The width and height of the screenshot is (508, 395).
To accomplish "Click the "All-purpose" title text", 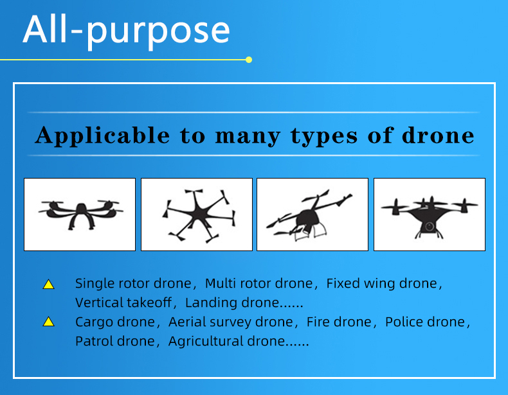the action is [126, 31].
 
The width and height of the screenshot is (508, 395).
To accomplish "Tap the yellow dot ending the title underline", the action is [249, 60].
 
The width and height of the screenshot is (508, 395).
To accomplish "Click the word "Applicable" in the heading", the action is [102, 136].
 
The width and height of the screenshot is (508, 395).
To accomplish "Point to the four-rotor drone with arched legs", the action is [80, 214].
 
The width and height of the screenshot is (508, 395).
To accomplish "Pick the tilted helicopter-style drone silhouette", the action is [309, 216].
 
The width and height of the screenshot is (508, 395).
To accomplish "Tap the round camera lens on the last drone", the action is [430, 226].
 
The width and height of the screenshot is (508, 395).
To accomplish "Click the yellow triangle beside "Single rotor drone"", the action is [49, 284].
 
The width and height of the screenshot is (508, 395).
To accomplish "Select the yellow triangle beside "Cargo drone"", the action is [49, 322].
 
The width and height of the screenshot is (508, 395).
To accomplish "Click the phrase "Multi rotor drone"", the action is [259, 283].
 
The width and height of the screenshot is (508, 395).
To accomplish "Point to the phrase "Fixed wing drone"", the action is [382, 283].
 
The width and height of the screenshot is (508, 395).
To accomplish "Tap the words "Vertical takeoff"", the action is [123, 303].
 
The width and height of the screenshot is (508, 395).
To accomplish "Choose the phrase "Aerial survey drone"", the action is [231, 322].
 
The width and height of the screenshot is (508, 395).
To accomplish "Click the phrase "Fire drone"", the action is [339, 322].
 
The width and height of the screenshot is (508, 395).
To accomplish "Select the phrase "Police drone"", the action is [425, 322].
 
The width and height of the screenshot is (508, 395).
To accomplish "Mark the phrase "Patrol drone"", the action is [115, 341].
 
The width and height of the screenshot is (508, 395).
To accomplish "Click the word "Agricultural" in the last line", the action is [206, 342].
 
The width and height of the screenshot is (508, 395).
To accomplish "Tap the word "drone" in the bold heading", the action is [438, 136].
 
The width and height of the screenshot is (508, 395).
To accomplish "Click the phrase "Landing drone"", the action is [232, 303].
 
